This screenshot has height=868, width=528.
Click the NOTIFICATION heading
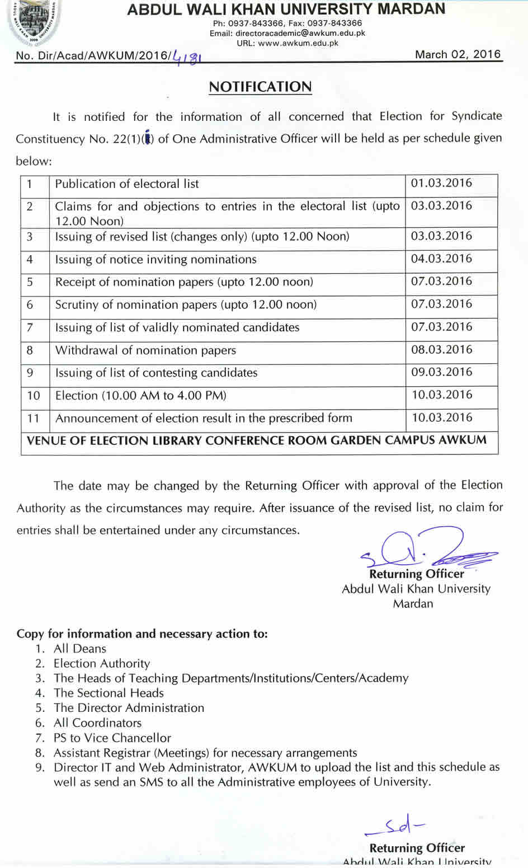pyautogui.click(x=260, y=87)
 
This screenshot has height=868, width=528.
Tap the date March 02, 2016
pyautogui.click(x=458, y=54)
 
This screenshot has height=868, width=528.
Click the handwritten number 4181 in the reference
pyautogui.click(x=187, y=57)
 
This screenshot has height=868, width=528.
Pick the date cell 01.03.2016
pyautogui.click(x=441, y=183)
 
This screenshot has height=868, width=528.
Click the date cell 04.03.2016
pyautogui.click(x=441, y=259)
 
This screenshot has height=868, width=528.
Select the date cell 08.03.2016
pyautogui.click(x=441, y=350)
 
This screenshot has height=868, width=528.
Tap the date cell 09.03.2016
pyautogui.click(x=441, y=372)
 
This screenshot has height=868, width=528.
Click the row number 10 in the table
pyautogui.click(x=34, y=396)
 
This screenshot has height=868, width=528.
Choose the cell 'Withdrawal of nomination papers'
pyautogui.click(x=145, y=350)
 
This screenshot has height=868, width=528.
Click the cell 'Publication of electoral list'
pyautogui.click(x=127, y=184)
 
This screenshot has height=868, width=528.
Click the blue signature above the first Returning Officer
pyautogui.click(x=425, y=548)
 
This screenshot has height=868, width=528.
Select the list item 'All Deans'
pyautogui.click(x=80, y=649)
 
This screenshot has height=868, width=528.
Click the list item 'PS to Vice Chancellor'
pyautogui.click(x=112, y=738)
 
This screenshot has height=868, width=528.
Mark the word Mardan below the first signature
pyautogui.click(x=413, y=603)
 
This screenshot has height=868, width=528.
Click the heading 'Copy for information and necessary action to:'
pyautogui.click(x=142, y=634)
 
